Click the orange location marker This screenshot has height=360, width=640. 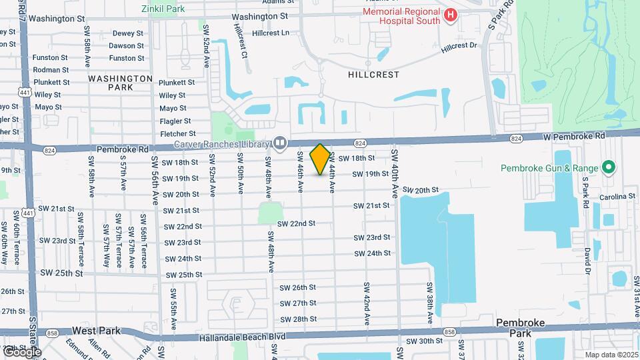pos(320,159)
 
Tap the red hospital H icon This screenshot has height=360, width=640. pos(451,15)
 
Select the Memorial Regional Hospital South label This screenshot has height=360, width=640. pos(401,15)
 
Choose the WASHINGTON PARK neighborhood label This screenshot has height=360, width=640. pos(120,83)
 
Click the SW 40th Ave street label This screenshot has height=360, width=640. pos(395,173)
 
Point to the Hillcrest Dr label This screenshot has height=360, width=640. pos(459,46)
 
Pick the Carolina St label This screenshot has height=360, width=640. pos(617,197)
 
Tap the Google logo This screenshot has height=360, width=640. pos(21,351)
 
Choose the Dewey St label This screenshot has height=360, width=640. pos(127,33)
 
